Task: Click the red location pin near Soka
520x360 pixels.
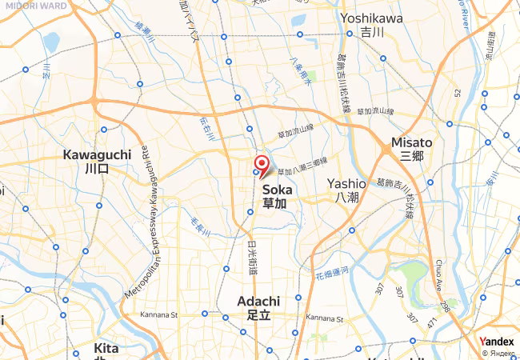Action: [x=262, y=166]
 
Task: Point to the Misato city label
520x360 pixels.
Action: [x=411, y=148]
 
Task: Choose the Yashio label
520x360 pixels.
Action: [x=346, y=190]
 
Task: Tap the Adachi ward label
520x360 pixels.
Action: [x=258, y=308]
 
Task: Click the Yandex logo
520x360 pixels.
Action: [x=496, y=342]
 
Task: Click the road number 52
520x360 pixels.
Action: [x=458, y=94]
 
